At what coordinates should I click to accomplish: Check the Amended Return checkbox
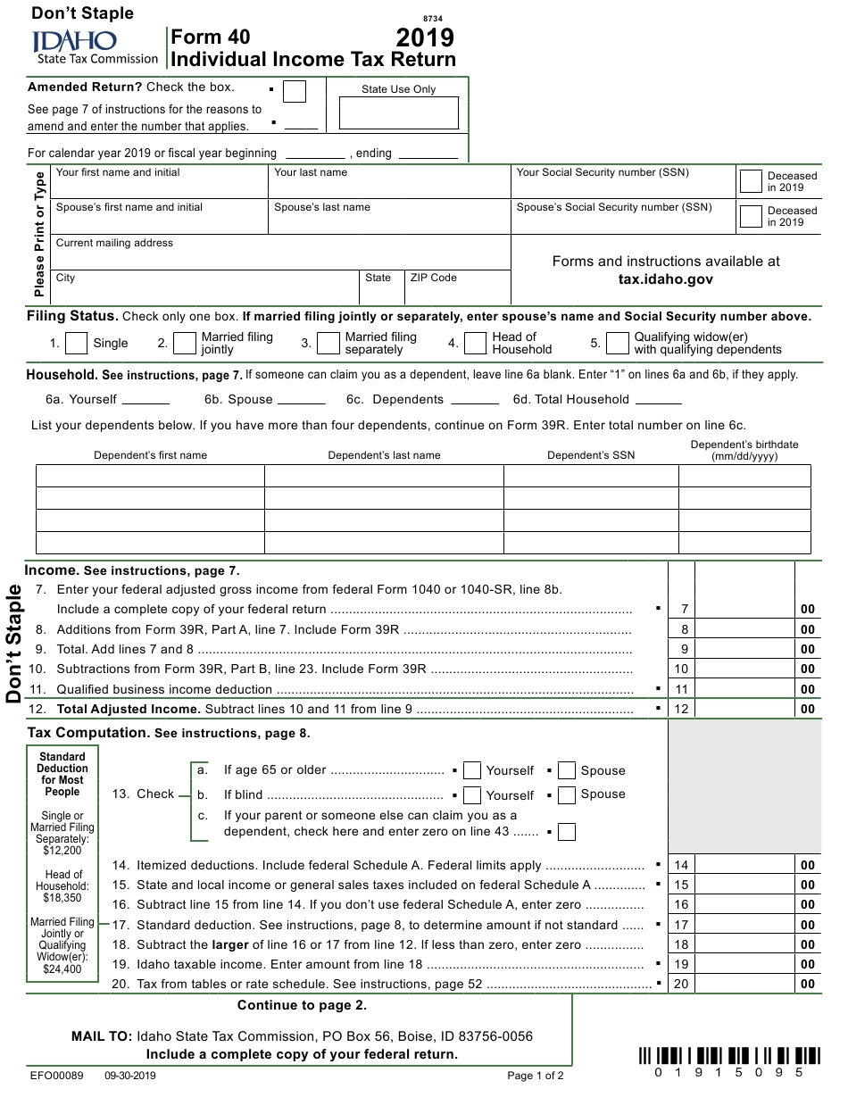pos(294,92)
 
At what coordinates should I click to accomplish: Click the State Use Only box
pos(398,113)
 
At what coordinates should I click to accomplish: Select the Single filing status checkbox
pos(77,343)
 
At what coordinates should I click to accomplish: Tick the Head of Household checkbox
pos(475,343)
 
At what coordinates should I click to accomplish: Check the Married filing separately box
pos(328,343)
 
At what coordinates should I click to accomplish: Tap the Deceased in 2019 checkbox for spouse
pos(751,217)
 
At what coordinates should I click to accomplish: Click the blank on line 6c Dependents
pos(475,399)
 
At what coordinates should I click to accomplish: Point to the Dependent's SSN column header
pos(591,455)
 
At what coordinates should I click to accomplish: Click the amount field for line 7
pos(744,609)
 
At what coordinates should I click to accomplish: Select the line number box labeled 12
pos(682,710)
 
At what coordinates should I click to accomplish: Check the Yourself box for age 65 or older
pos(472,771)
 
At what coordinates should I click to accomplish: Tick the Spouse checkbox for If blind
pos(567,794)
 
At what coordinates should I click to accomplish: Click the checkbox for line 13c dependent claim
pos(567,832)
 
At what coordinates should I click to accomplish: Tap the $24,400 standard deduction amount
pos(62,969)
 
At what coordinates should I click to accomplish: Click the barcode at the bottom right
pos(729,1055)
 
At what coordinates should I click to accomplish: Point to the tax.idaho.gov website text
pos(665,279)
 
